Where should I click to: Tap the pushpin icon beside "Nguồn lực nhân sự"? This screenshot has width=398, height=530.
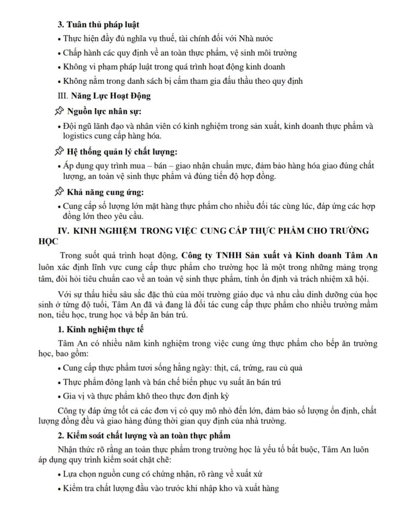tap(59, 111)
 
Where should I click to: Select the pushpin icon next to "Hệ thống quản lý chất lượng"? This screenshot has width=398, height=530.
tap(59, 151)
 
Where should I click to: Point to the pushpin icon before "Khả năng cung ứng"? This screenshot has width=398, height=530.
tap(59, 192)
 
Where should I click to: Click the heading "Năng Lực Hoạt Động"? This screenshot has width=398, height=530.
tap(110, 96)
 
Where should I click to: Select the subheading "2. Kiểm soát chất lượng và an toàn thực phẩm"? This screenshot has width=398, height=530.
tap(144, 435)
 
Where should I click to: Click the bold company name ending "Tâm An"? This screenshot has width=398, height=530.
tap(279, 255)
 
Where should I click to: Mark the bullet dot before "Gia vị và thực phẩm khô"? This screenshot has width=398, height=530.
tap(59, 397)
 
